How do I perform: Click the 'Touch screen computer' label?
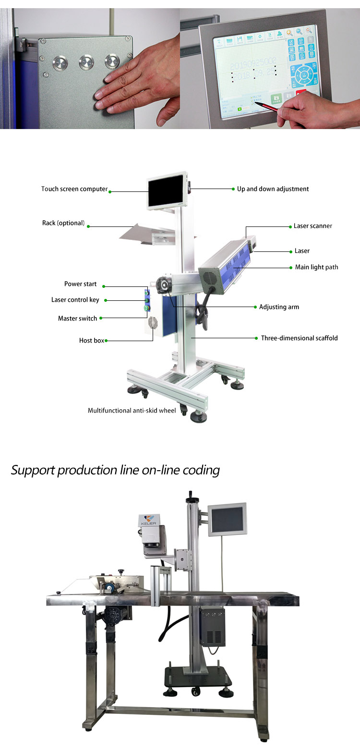tap(74, 189)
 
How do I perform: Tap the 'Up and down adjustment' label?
tap(273, 189)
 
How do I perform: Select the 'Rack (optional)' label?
tap(63, 223)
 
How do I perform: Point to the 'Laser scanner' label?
tap(312, 226)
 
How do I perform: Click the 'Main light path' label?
tap(316, 267)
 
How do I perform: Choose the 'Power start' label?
tap(81, 284)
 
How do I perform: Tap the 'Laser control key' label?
tap(75, 300)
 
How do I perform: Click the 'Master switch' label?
tap(77, 319)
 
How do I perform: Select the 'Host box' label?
tap(92, 341)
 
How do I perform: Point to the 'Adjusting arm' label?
tap(279, 307)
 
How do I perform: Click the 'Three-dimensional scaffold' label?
tap(299, 338)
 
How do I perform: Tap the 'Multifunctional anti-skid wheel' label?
tap(132, 411)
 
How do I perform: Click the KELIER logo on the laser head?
tap(148, 520)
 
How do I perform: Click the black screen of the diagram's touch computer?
tap(166, 191)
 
